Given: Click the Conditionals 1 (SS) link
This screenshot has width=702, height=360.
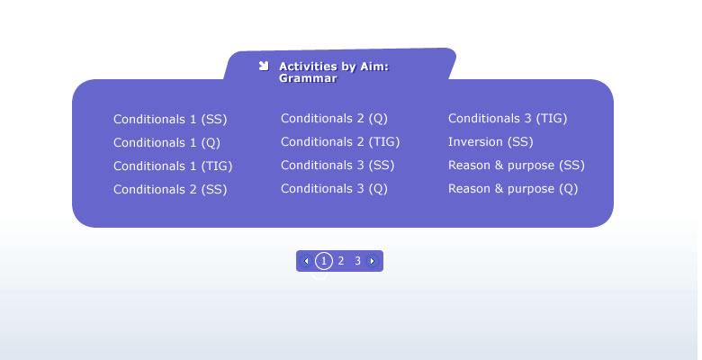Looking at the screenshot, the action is point(170,120).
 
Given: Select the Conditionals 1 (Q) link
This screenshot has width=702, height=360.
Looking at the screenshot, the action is point(167,143).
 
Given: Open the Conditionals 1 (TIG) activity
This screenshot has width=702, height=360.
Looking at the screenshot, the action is point(173,166).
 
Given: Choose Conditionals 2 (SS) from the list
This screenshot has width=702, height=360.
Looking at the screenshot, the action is point(170,189).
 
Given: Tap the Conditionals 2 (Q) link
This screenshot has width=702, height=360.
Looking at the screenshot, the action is point(334,119).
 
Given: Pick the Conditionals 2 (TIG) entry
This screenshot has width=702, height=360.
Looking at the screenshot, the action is point(340,142).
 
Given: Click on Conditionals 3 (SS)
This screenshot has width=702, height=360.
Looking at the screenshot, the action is point(337,166).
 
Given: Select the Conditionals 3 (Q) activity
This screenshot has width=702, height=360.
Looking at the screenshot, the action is point(334,188).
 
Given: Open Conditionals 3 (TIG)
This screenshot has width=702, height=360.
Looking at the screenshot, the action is point(508,119).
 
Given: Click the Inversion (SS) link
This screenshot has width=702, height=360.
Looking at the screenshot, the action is point(490,142).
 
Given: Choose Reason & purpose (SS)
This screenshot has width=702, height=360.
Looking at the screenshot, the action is point(517,166).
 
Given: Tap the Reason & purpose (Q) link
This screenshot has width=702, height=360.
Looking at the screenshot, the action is point(513,188).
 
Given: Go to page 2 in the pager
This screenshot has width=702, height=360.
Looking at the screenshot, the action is point(341,261).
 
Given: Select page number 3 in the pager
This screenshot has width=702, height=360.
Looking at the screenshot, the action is point(357,261).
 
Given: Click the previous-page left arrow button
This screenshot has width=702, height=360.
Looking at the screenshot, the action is point(306,261).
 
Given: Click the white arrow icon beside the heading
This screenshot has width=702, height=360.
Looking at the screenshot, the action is point(264,67).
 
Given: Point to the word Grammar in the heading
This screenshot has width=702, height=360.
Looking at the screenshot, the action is point(308,78).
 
